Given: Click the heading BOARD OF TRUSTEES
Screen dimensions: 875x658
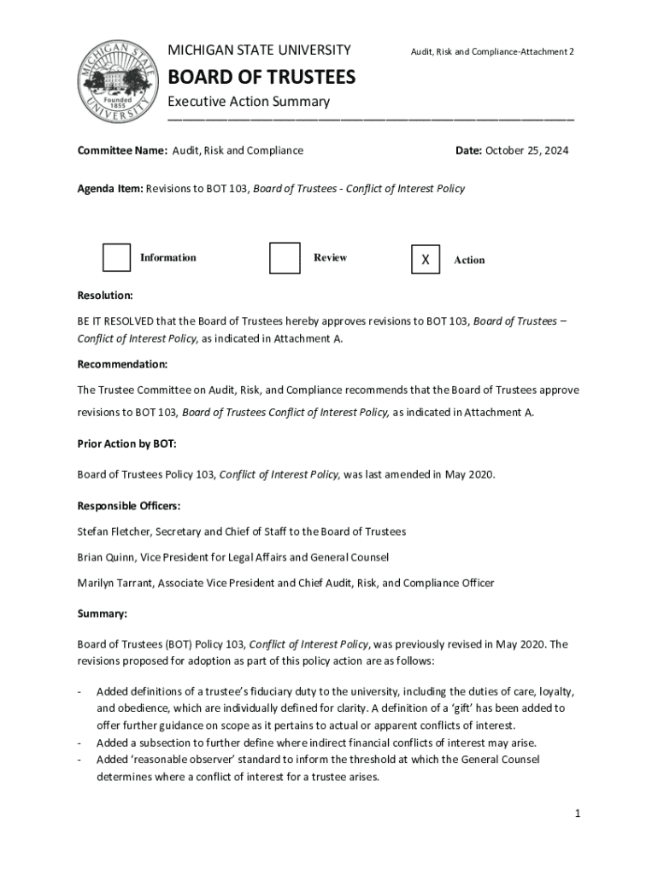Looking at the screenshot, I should tap(261, 78).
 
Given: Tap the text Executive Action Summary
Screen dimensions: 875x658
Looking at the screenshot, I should tap(248, 102).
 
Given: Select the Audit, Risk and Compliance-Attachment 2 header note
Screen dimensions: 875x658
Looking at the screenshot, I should tap(492, 52).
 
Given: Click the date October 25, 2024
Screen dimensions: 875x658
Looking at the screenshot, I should tap(526, 150).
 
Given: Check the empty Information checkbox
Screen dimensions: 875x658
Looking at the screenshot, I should tap(117, 258).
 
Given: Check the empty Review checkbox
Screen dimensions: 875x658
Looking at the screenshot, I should tap(285, 258).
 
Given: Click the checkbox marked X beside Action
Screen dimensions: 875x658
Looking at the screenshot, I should tap(426, 259).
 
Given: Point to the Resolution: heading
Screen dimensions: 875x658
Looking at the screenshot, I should tap(105, 296).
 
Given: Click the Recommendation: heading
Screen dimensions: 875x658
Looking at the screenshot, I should tap(122, 364).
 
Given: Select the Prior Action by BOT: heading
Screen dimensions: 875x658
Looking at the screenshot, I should tap(126, 444).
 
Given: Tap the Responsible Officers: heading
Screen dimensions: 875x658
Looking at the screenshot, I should tap(129, 506).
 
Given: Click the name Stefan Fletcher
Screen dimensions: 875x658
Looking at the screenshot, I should tap(116, 531).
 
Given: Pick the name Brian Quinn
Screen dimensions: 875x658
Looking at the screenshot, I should tap(107, 557).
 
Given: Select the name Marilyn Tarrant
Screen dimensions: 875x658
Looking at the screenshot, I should tap(117, 583).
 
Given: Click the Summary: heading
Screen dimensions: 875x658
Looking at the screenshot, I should tap(103, 614).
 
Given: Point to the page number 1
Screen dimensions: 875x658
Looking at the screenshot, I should tap(578, 813).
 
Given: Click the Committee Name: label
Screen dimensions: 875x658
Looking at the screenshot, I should tap(122, 150).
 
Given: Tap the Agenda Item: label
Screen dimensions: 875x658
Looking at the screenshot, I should tap(110, 189).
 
